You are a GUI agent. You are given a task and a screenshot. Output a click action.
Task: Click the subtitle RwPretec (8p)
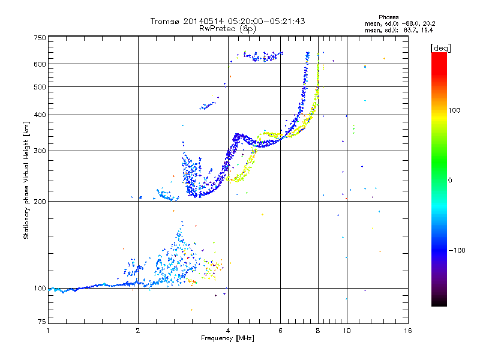coord(227,29)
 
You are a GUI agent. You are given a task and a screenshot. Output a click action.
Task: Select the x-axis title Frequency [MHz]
coord(227,338)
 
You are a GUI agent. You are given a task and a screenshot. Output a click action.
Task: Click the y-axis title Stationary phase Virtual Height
coord(26,181)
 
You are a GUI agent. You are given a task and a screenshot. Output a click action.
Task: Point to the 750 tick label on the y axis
coord(40,38)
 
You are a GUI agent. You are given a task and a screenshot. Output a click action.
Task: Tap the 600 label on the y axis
coord(40,64)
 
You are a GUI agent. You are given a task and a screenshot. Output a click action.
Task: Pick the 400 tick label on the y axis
coord(40,115)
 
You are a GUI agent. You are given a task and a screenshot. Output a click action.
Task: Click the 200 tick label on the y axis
coord(40,202)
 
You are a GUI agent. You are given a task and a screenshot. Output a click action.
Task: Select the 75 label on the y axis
coord(42,322)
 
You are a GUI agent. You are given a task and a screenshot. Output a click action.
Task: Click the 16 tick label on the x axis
coord(408,331)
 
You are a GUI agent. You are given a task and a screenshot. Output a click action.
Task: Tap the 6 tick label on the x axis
coord(280,331)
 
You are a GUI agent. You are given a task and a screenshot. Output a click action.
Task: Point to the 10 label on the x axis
coord(347,331)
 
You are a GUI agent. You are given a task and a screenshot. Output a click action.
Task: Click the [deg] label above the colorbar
coord(440,49)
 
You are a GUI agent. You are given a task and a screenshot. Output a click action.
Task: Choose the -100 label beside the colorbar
coord(457,250)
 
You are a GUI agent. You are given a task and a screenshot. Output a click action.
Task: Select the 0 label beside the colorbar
coord(450,181)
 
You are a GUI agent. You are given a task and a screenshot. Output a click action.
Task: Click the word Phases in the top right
coord(388,17)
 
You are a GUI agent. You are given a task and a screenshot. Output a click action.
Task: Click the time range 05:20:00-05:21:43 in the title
coord(266,21)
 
